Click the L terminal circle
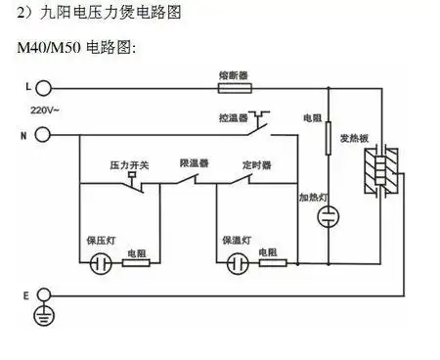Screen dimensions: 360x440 [42, 88]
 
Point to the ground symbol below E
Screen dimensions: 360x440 [42, 314]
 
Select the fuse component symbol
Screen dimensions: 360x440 [232, 88]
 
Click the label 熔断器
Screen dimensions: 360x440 [232, 73]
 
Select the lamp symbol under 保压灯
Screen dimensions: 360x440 [98, 262]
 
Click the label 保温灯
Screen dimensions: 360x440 [238, 240]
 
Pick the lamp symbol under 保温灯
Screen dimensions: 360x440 [237, 262]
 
